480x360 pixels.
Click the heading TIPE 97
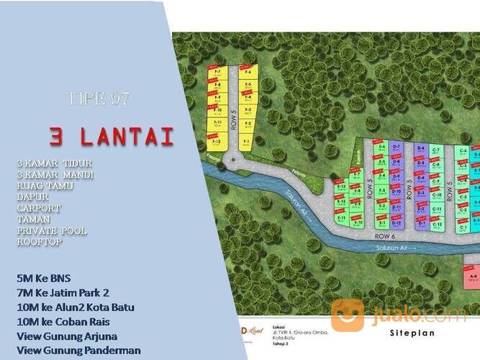coord(98,99)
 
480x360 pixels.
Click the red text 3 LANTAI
coord(112,136)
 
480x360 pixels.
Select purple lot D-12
coord(420,225)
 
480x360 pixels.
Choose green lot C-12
coord(437,225)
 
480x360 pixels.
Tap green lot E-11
coord(342,218)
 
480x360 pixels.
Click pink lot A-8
coord(472,276)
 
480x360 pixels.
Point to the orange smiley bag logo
coord(347,315)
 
